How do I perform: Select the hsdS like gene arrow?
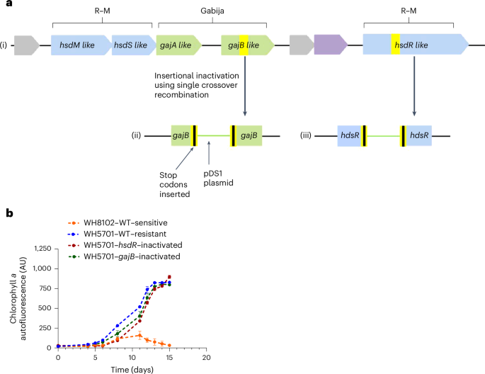point(132,46)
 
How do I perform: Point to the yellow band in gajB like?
point(244,46)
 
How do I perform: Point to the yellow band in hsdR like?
point(396,46)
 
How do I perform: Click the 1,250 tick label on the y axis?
point(39,249)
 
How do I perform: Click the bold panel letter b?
point(5,212)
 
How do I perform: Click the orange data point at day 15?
point(169,346)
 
